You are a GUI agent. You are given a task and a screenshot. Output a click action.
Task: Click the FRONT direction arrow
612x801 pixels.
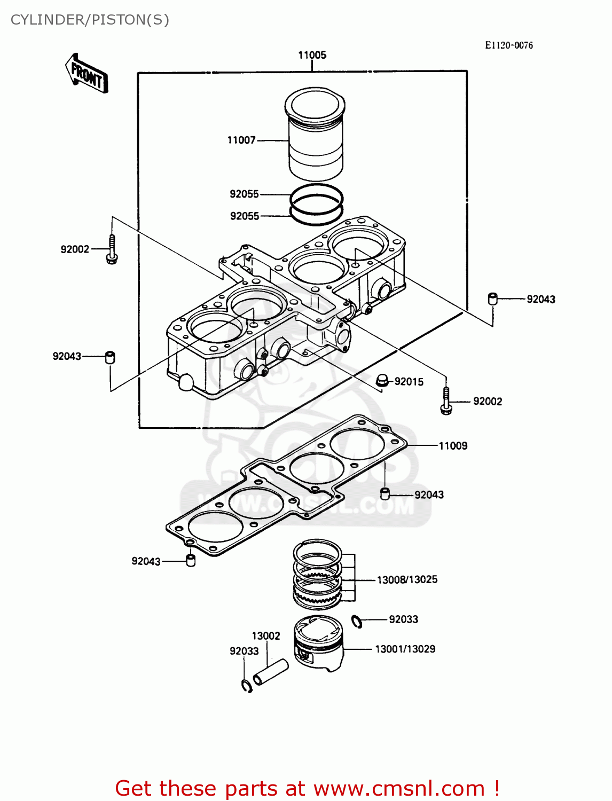[x=87, y=74]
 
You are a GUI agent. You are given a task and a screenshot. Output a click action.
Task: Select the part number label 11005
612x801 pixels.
[x=312, y=55]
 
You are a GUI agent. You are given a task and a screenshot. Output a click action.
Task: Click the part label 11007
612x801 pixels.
[x=241, y=140]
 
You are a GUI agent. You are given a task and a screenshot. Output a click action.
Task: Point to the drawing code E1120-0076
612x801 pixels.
[x=508, y=45]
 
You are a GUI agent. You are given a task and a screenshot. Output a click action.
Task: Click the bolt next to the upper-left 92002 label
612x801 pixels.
[x=112, y=249]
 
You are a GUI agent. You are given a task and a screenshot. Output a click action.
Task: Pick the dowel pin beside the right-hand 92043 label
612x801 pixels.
[x=492, y=299]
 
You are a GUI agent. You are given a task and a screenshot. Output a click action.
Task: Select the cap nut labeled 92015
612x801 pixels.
[x=381, y=380]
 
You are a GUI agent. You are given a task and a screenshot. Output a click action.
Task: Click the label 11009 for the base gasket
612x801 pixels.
[x=453, y=445]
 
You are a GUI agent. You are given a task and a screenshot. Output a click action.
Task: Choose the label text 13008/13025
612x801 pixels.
[x=407, y=579]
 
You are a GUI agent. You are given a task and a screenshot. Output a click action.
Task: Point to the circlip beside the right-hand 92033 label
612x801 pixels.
[x=357, y=621]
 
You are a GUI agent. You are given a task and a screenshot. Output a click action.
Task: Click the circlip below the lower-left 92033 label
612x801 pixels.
[x=246, y=686]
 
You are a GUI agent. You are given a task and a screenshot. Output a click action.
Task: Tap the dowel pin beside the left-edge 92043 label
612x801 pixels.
[x=110, y=357]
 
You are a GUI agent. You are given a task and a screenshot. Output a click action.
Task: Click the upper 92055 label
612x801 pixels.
[x=244, y=194]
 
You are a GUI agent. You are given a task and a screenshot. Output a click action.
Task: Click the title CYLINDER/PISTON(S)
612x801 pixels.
[x=90, y=20]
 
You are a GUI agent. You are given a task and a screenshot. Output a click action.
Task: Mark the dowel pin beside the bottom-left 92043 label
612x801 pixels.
[x=190, y=561]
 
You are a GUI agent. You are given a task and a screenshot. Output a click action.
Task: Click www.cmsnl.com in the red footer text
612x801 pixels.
[x=398, y=788]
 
